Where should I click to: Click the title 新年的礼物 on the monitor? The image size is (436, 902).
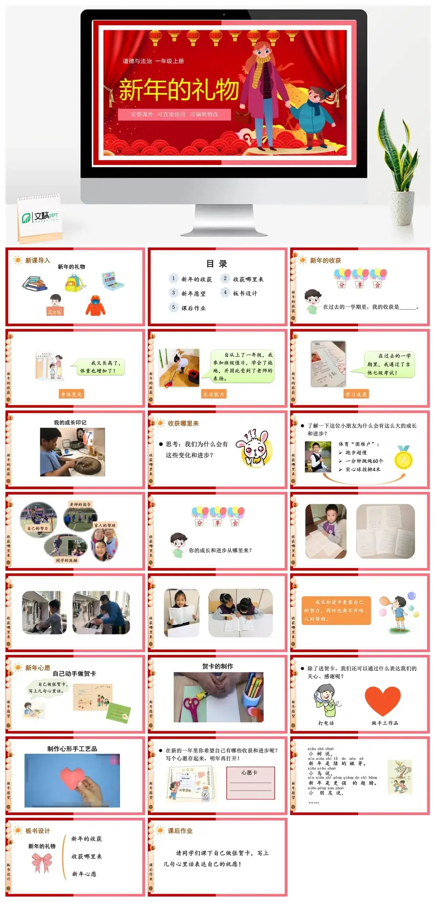click(x=178, y=90)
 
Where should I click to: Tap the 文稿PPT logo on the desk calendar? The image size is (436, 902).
click(x=40, y=217)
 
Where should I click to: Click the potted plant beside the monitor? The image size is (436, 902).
click(x=399, y=168)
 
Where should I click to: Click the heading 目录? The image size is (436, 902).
click(x=217, y=264)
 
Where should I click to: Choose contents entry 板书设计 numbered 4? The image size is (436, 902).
click(x=245, y=294)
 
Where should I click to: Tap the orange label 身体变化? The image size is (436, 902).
click(x=72, y=394)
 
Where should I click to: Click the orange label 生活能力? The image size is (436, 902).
click(x=214, y=394)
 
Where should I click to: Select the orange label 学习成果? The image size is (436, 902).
click(x=356, y=394)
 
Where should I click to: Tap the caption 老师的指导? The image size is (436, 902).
click(x=80, y=504)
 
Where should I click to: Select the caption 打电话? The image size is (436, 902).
click(x=326, y=723)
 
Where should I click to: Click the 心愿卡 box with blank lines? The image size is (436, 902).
click(x=250, y=783)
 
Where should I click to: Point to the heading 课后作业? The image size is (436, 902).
click(x=180, y=830)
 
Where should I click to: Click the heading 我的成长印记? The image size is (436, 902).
click(x=70, y=422)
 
